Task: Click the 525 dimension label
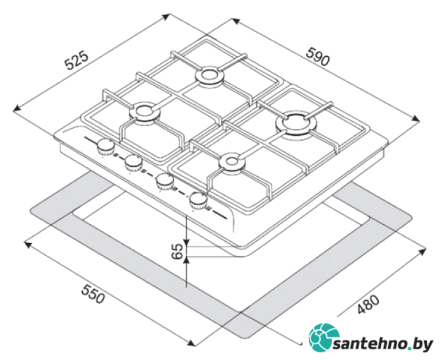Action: pyautogui.click(x=76, y=61)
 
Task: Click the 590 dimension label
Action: pyautogui.click(x=318, y=56)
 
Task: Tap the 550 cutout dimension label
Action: pyautogui.click(x=93, y=294)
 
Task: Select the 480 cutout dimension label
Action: pyautogui.click(x=369, y=304)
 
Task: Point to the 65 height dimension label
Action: pyautogui.click(x=177, y=251)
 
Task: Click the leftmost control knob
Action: pyautogui.click(x=106, y=147)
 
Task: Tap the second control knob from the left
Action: pyautogui.click(x=134, y=163)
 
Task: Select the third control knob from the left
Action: pyautogui.click(x=165, y=182)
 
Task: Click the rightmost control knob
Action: pyautogui.click(x=198, y=200)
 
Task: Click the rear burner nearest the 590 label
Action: pyautogui.click(x=210, y=75)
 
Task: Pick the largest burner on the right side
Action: pyautogui.click(x=297, y=124)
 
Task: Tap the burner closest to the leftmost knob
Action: pyautogui.click(x=145, y=112)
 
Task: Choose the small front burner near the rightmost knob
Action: pyautogui.click(x=232, y=162)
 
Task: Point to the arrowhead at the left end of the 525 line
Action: pyautogui.click(x=17, y=109)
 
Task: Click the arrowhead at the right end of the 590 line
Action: pyautogui.click(x=416, y=119)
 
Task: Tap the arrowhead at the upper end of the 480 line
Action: pyautogui.click(x=422, y=251)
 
